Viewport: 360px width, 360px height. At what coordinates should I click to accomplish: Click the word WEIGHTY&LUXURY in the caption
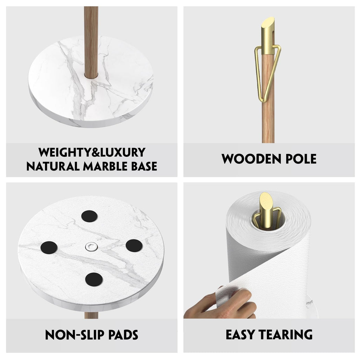point(92,152)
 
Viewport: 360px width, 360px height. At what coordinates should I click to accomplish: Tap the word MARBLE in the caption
point(105,166)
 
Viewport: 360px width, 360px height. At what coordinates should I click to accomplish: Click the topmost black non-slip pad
point(89,216)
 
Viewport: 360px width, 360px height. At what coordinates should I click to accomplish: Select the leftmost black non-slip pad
point(49,247)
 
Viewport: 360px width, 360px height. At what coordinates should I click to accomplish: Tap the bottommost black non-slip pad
point(94,279)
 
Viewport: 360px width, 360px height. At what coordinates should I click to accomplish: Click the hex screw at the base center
point(91,247)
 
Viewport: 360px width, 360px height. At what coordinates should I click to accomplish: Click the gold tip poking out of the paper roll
point(266,210)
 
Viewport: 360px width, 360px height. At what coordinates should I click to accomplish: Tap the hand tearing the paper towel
point(220,303)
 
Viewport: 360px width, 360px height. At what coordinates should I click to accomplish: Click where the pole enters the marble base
point(91,75)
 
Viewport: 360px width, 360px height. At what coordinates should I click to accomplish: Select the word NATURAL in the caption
point(53,166)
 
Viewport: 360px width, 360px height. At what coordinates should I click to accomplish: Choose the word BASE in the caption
point(144,166)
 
